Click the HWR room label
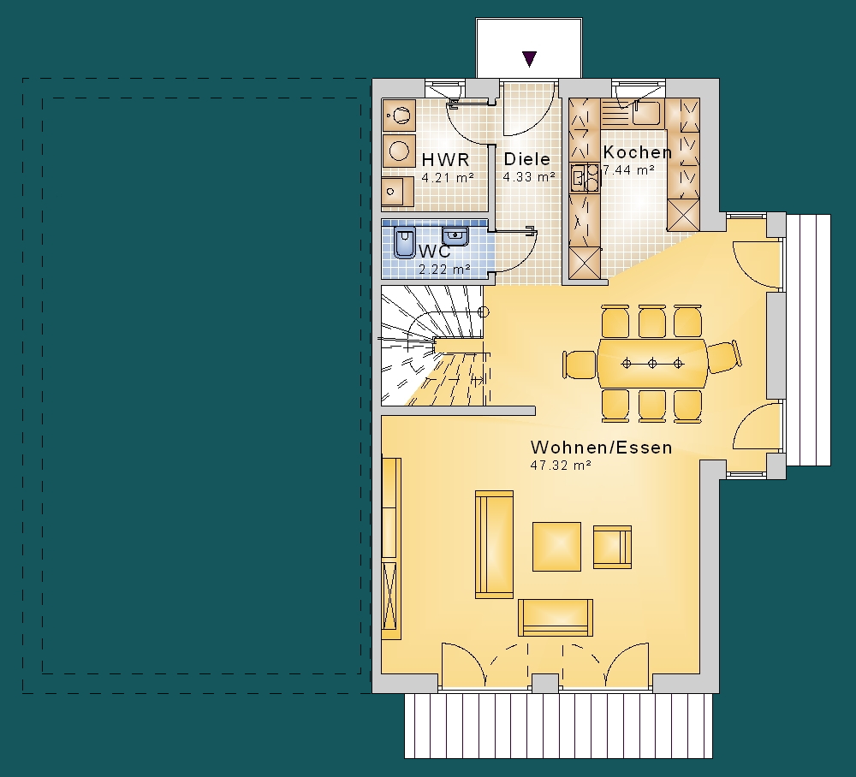coord(445,159)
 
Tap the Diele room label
coord(526,159)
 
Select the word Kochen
coord(637,151)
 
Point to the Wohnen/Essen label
coord(601,447)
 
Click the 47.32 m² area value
coord(562,466)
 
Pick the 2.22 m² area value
coord(444,269)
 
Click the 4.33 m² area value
coord(529,177)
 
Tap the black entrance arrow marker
coord(529,58)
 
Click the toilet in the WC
coord(405,242)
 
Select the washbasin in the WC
coord(455,236)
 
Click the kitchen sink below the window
coord(645,113)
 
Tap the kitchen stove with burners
coord(584,177)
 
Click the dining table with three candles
coord(652,364)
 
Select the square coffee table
coord(557,546)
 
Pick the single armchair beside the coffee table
coord(613,547)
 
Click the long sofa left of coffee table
coord(494,544)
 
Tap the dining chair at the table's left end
coord(580,365)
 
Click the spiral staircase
coord(431,346)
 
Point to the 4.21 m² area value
coord(448,177)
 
